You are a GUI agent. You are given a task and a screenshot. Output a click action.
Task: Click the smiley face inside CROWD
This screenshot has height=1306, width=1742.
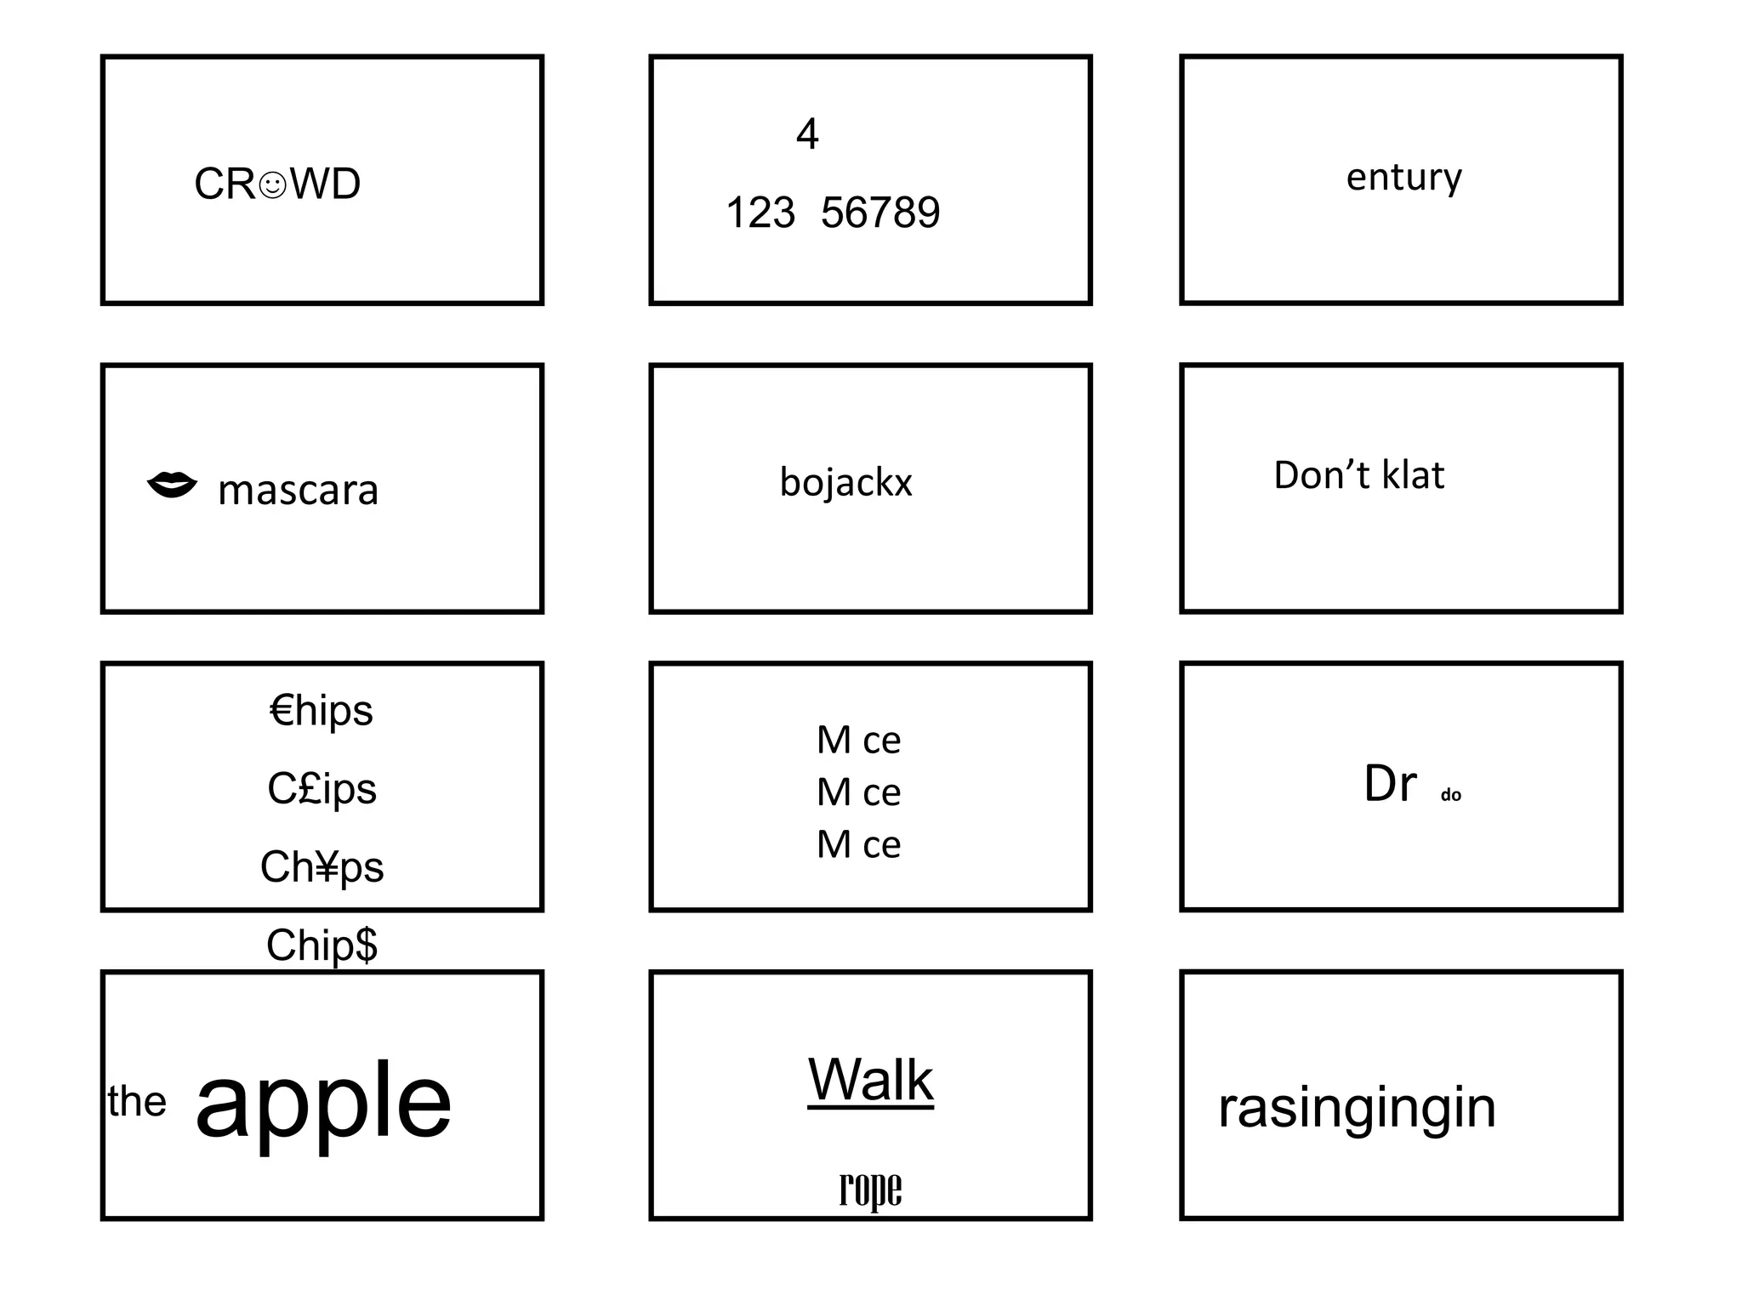pos(272,185)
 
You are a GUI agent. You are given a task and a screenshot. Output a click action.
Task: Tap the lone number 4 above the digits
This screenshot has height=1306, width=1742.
pos(807,134)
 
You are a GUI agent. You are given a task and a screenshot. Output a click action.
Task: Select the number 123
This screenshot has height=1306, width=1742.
pos(760,213)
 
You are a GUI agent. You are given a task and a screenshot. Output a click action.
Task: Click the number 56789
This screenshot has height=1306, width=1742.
pos(880,213)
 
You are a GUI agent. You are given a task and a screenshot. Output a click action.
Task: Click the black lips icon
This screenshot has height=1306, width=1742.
pos(172,485)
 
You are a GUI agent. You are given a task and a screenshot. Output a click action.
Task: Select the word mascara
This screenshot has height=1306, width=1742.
pos(298,491)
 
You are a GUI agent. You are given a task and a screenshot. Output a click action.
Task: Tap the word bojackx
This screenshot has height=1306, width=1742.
pos(845,482)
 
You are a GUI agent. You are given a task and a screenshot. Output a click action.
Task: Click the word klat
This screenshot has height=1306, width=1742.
pos(1413,475)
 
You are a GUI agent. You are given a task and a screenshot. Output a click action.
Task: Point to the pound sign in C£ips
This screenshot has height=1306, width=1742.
pos(307,788)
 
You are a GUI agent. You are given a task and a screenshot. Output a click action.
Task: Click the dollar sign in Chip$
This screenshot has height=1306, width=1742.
pos(367,945)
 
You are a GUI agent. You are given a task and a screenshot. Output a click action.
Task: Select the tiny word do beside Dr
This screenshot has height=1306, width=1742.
pos(1450,796)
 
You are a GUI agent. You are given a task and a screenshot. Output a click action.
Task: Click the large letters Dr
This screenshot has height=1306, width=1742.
pos(1390,783)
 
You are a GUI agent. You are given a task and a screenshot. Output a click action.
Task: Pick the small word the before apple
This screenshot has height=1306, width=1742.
pos(137,1102)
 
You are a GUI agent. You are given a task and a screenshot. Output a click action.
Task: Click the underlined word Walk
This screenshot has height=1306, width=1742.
pos(870,1080)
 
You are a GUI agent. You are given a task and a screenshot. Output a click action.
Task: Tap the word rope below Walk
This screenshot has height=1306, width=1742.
pos(870,1189)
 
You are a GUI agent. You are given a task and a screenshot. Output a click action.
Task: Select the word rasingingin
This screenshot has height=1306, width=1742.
pos(1357,1108)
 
